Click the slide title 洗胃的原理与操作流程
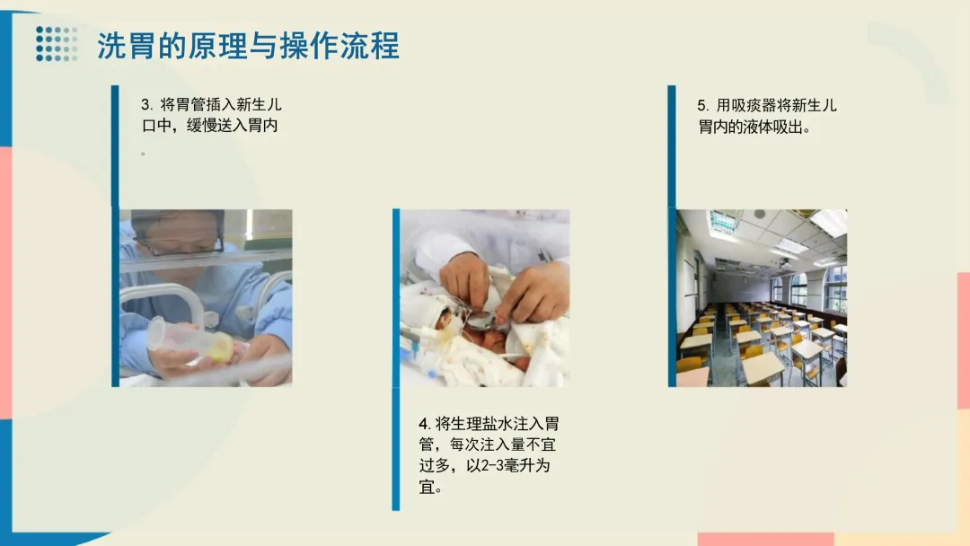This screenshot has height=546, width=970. [248, 46]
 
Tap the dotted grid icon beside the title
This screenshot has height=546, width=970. [57, 44]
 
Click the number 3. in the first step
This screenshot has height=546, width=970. [147, 104]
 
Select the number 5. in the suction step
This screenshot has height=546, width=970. [703, 106]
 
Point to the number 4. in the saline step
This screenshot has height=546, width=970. [424, 424]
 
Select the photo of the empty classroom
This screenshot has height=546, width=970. [762, 298]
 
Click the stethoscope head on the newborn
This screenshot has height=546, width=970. [481, 320]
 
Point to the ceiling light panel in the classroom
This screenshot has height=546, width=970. [828, 222]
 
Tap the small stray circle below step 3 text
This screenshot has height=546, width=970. [143, 154]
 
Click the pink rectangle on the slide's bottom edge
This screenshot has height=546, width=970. [766, 539]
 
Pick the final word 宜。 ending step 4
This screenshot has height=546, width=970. [431, 488]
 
